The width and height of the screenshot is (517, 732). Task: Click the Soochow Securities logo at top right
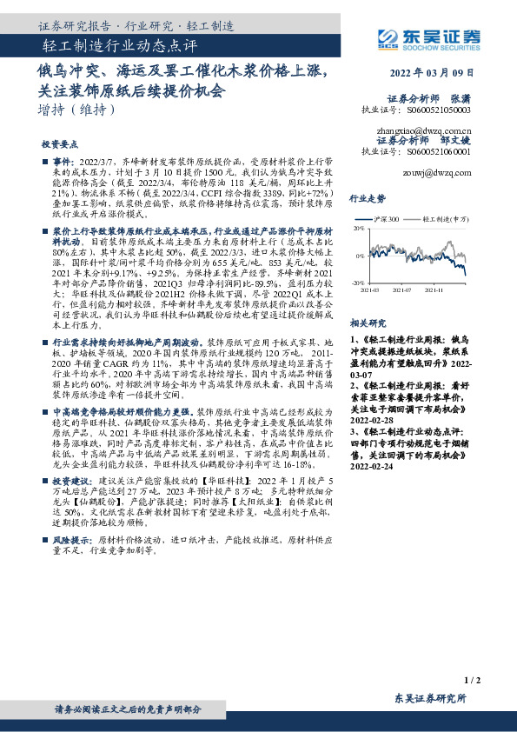click(425, 37)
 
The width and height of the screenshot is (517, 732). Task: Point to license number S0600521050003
click(440, 111)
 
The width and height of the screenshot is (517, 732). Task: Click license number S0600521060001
click(440, 150)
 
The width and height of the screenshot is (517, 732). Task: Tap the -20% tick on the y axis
click(358, 283)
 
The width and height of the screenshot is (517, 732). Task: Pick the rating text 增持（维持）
click(77, 110)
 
